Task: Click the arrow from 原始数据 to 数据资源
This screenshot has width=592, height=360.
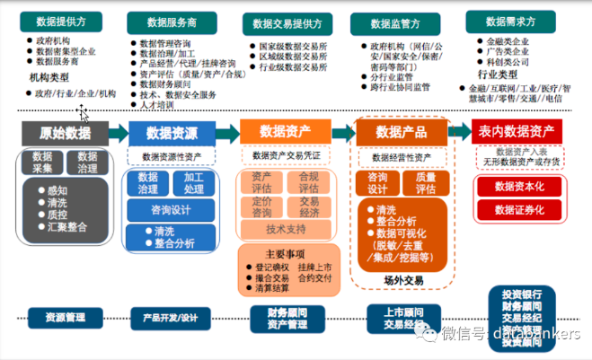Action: [x=118, y=133]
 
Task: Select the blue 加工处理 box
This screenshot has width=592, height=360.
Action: [x=194, y=183]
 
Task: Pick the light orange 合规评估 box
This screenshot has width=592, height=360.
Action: [x=308, y=183]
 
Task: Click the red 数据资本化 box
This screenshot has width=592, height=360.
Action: [x=519, y=187]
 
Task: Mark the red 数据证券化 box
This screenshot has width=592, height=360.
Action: [x=519, y=211]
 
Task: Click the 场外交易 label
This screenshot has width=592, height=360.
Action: [x=402, y=280]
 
